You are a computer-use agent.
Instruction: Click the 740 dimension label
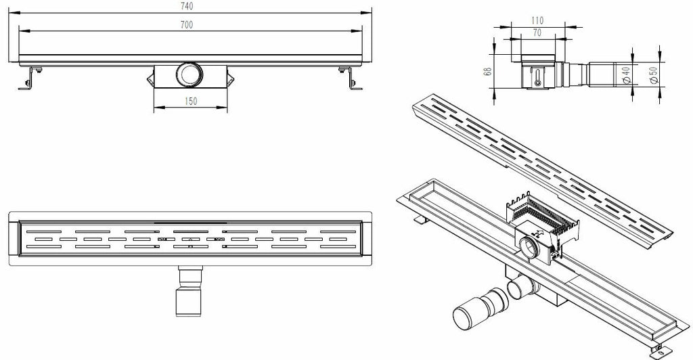tap(187, 6)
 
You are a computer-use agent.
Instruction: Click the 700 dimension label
tap(187, 25)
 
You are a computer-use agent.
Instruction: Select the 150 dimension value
tap(190, 101)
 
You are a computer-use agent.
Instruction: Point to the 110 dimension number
tap(537, 20)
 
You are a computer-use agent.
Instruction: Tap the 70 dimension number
tap(537, 32)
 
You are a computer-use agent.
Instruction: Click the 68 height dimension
tap(487, 70)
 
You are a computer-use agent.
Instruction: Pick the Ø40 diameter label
tap(626, 74)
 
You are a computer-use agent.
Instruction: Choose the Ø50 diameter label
tap(654, 74)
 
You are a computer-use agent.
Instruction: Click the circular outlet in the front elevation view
tap(189, 74)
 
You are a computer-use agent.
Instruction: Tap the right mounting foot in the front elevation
tap(351, 78)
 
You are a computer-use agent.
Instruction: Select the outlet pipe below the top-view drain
tap(190, 291)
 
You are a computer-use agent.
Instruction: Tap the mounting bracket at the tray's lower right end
tap(661, 351)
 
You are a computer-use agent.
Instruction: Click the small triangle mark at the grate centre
tap(190, 239)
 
